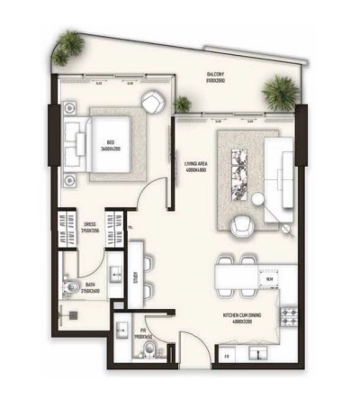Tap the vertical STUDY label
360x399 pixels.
click(133, 279)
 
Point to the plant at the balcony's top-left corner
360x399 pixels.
click(67, 41)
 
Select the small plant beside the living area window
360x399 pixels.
click(183, 104)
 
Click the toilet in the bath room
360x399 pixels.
click(72, 288)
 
